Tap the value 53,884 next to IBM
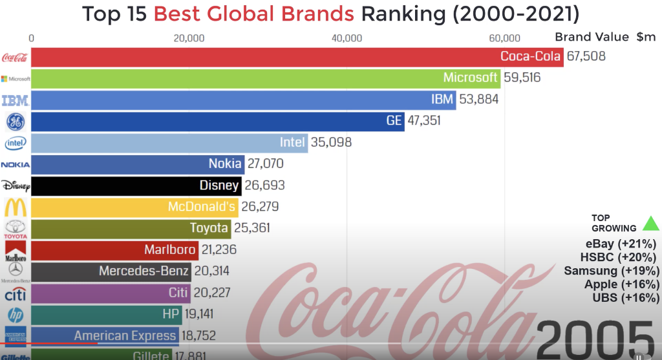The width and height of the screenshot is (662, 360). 478,100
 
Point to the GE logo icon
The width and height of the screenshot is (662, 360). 15,122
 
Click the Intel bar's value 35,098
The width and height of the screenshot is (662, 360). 331,142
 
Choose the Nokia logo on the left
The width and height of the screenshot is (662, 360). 15,165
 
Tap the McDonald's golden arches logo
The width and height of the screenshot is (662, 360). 15,207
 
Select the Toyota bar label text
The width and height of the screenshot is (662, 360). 209,228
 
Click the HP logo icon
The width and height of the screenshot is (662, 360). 15,315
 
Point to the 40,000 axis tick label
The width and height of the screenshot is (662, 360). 347,38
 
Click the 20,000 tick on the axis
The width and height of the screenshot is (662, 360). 189,38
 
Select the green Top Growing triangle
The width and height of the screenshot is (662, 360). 650,224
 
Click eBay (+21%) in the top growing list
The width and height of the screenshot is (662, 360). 621,244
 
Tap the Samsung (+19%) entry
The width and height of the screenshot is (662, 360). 612,271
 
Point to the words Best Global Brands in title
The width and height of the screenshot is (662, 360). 254,14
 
